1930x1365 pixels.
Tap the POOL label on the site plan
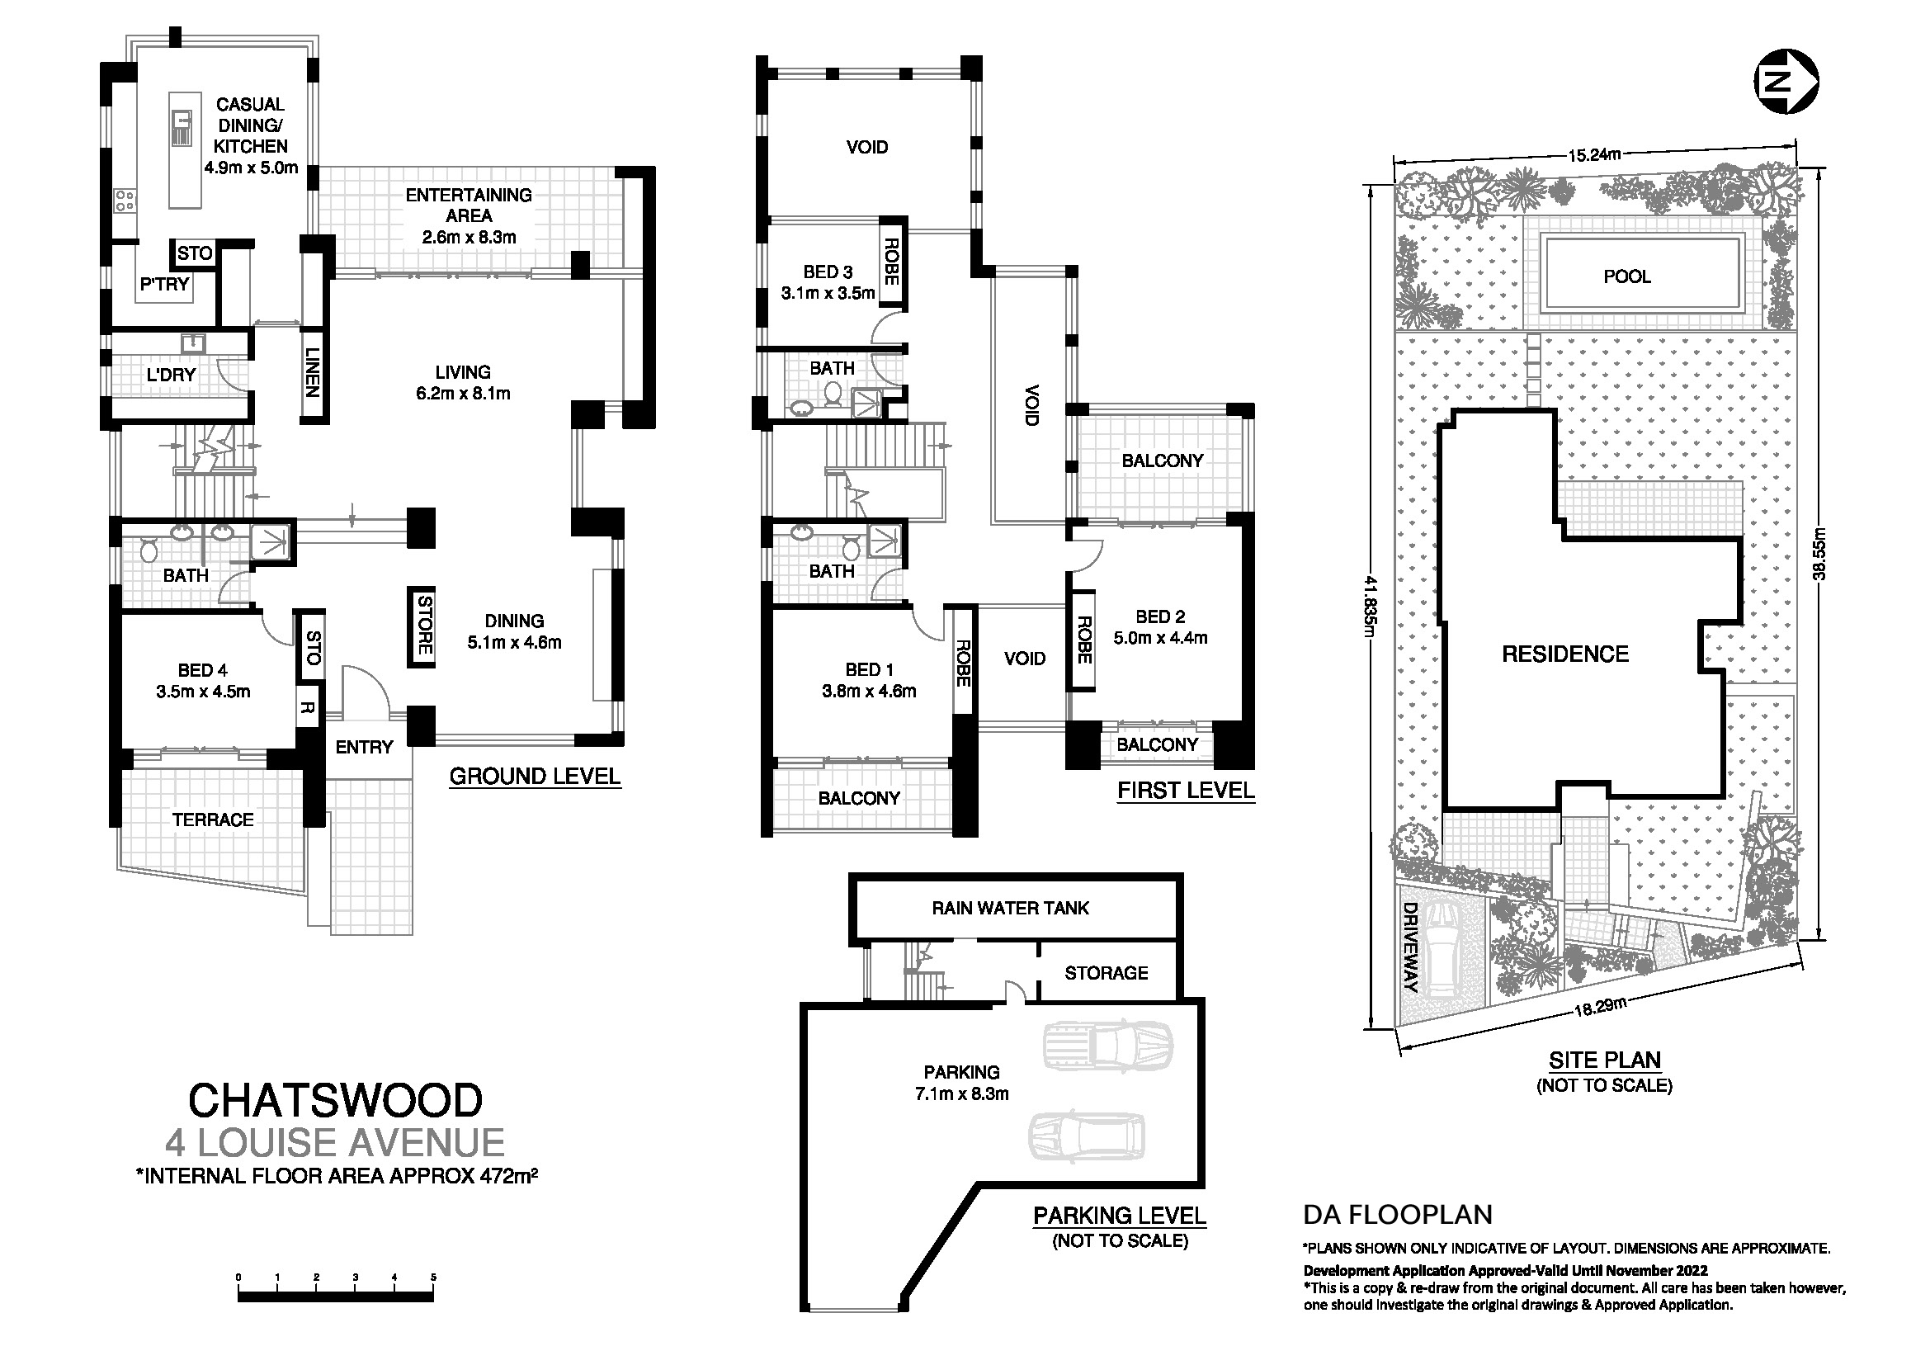[1626, 276]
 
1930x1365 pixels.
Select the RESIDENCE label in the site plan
[1565, 654]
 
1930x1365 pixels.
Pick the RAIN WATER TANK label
[1011, 908]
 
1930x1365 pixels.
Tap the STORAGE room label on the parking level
[1107, 972]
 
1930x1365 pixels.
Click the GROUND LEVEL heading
[535, 776]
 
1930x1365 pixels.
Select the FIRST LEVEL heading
[1185, 790]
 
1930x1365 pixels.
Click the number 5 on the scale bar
[434, 1277]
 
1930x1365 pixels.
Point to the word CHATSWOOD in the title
[335, 1099]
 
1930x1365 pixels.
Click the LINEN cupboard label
[312, 372]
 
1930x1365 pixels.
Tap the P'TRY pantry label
[165, 284]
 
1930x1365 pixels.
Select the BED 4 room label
[203, 670]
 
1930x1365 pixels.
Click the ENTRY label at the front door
[364, 747]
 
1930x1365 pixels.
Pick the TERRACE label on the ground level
[213, 819]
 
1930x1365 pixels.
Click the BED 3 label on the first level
[828, 272]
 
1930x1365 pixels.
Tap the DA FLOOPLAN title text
[1398, 1215]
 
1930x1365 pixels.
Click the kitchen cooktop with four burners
[126, 200]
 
